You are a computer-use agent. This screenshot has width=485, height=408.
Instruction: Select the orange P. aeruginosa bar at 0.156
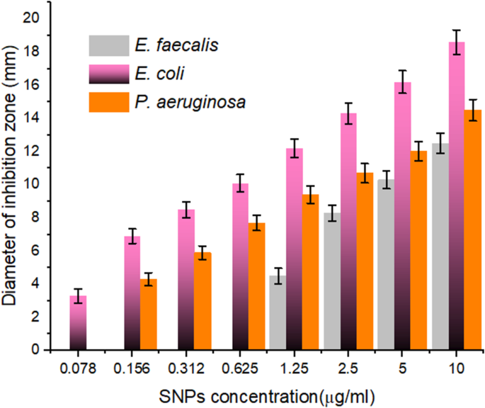click(x=148, y=314)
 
